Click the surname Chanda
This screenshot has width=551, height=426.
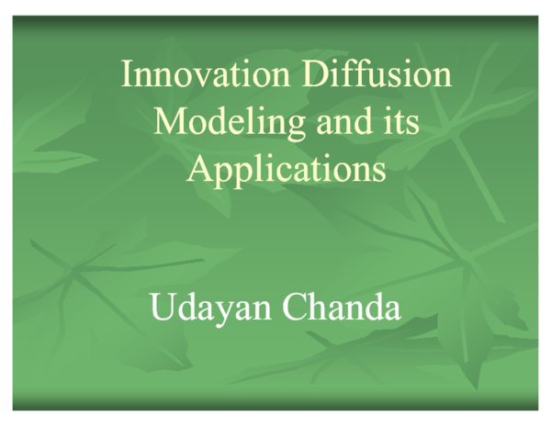coord(342,307)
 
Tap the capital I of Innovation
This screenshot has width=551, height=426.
coord(127,74)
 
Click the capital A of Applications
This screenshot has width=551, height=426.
coord(198,169)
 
